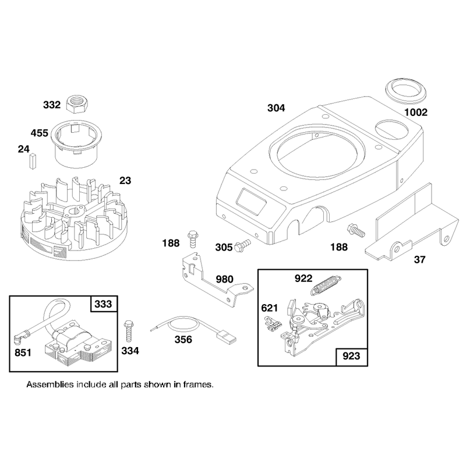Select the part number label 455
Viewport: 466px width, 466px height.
point(40,133)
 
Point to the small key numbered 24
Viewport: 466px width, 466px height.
point(33,161)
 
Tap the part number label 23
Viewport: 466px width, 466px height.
point(125,181)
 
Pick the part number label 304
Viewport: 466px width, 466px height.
point(276,108)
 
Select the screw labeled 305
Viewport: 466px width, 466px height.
point(242,246)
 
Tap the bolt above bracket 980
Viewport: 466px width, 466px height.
point(192,239)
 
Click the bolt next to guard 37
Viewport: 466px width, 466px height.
point(356,230)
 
